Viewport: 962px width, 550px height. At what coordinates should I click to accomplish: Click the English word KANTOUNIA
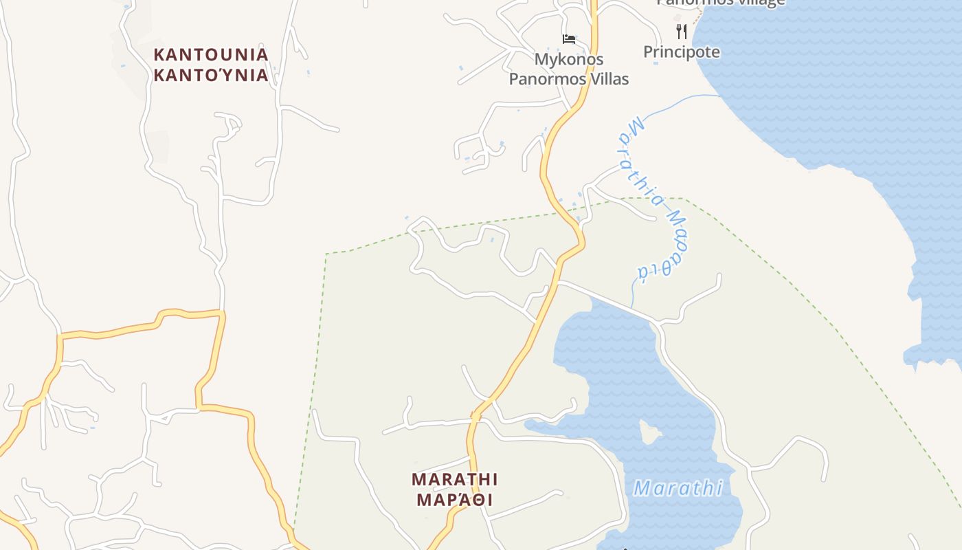coord(210,54)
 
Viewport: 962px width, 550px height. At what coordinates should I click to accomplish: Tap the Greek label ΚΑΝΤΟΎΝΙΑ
coord(210,75)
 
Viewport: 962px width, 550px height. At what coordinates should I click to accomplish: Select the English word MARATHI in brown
coord(455,479)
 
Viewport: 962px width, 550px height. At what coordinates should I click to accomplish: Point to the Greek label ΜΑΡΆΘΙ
coord(455,500)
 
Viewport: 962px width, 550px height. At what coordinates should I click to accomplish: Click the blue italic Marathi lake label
coord(678,489)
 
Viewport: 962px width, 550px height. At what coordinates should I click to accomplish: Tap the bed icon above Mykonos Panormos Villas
coord(569,38)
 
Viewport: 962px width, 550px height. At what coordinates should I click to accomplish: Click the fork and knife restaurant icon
coord(682,31)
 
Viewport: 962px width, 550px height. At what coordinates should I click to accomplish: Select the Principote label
coord(682,52)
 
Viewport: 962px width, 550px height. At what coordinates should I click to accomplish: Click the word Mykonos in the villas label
coord(569,59)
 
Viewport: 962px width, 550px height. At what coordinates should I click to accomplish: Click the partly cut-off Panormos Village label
coord(720,3)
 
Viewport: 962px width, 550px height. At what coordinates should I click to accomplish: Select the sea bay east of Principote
coord(845,89)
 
